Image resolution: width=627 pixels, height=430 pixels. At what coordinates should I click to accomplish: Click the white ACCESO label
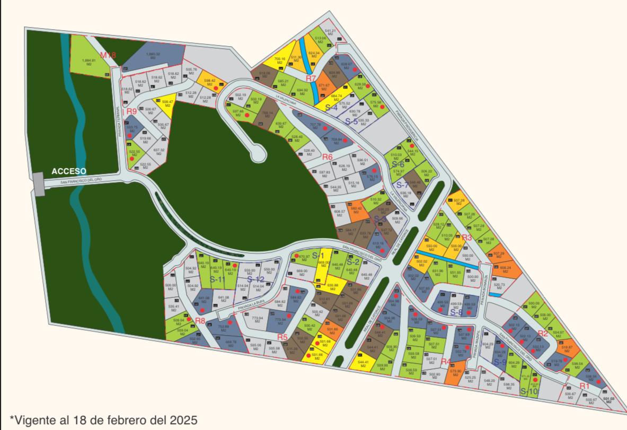(69, 171)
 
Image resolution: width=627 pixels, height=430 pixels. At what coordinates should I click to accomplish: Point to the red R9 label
(131, 111)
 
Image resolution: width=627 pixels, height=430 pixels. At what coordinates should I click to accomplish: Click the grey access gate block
(39, 183)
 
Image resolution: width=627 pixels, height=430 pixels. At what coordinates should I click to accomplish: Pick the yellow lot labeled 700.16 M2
(280, 60)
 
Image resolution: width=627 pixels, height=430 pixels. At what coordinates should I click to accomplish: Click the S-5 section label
(351, 121)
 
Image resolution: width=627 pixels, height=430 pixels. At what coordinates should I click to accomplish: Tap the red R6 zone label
(327, 157)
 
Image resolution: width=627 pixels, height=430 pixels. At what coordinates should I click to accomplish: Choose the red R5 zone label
(282, 337)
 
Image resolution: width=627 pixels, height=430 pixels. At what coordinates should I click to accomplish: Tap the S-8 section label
(456, 312)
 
